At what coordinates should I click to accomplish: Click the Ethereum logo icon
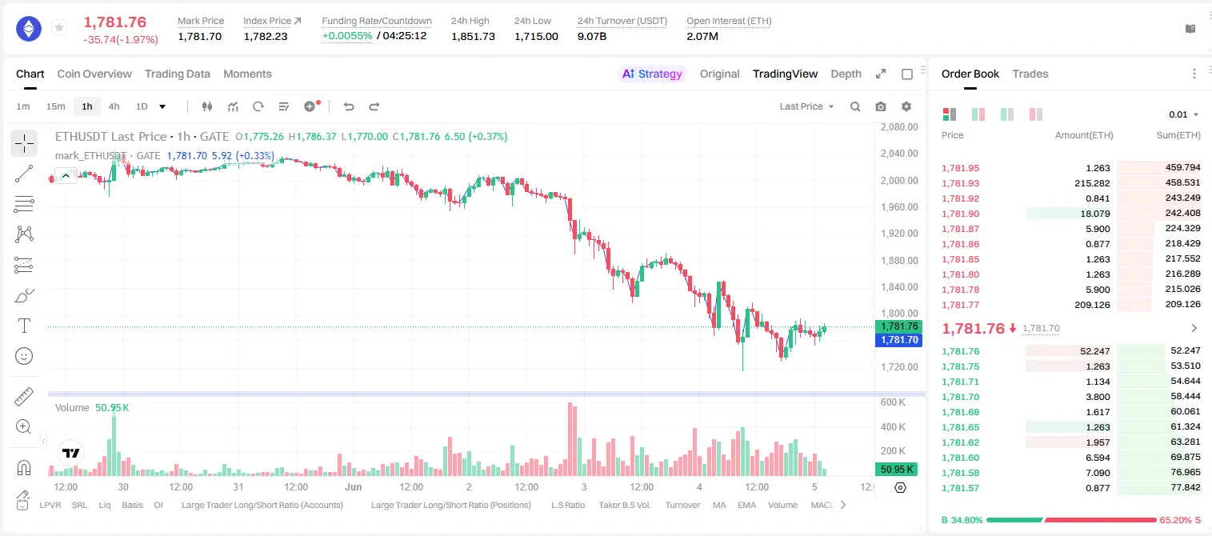(29, 29)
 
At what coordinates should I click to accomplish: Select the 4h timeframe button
(114, 106)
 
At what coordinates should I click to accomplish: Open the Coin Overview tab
(94, 74)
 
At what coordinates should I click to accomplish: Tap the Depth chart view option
(846, 74)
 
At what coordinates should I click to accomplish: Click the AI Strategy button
(652, 74)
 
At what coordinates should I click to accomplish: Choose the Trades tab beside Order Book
(1030, 74)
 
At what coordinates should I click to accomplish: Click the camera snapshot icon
(881, 106)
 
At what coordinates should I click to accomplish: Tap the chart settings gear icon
(906, 106)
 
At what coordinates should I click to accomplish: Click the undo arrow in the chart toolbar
(349, 106)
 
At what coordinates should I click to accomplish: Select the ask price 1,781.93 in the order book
(961, 183)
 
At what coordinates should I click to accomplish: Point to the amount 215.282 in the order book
(1092, 183)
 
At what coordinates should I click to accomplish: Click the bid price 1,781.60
(961, 458)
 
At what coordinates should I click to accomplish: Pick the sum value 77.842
(1186, 487)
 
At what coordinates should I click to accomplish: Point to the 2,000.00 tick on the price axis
(899, 180)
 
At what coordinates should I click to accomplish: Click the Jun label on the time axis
(354, 486)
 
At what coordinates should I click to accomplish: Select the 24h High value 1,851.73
(473, 36)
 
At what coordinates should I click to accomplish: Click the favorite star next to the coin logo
(59, 27)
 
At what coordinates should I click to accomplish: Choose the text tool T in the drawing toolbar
(24, 326)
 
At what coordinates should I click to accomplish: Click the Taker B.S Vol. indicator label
(625, 505)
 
